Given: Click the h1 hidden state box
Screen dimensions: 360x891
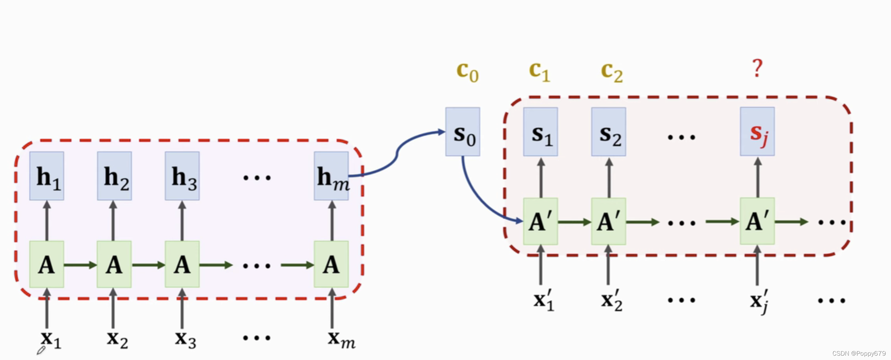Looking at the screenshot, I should click(x=47, y=176).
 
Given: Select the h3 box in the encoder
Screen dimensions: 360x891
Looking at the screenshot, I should click(x=182, y=176).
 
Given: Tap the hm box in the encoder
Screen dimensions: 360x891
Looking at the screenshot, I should click(x=331, y=176).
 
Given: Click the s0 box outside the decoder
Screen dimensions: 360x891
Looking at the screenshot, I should click(x=463, y=132).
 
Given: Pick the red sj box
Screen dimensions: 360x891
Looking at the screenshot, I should click(x=757, y=132).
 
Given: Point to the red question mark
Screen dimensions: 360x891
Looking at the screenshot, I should click(x=757, y=68).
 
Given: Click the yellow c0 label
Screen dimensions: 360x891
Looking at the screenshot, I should click(x=467, y=72).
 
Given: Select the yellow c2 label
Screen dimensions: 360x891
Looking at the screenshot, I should click(x=612, y=72).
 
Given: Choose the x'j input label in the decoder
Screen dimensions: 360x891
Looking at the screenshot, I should click(x=759, y=300).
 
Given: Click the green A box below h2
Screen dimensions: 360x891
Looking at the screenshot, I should click(x=114, y=265).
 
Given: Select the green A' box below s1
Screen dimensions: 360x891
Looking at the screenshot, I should click(x=540, y=221).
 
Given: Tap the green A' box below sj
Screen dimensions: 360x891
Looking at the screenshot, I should click(x=757, y=221).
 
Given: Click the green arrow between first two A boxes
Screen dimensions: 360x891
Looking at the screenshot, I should click(x=80, y=265).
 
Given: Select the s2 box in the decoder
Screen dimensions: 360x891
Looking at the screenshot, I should click(x=609, y=132).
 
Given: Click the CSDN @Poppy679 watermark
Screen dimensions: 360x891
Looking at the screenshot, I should click(x=859, y=353).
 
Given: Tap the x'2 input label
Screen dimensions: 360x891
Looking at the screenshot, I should click(x=612, y=300).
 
